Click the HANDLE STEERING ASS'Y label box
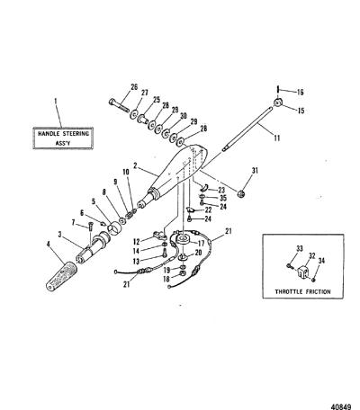(63, 138)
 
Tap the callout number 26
(134, 87)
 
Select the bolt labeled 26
(119, 105)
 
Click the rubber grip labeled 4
(61, 275)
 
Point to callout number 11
(276, 138)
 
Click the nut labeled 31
(240, 194)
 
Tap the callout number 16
(300, 92)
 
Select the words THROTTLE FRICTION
(303, 291)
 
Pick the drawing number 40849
(341, 406)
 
